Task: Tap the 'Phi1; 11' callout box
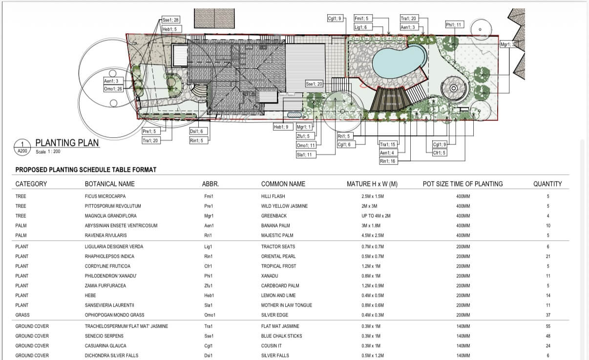[454, 25]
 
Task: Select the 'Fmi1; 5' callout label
[362, 18]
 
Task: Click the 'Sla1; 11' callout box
[306, 155]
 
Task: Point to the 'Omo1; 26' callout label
[113, 88]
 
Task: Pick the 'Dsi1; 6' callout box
[198, 131]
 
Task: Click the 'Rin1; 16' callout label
[388, 161]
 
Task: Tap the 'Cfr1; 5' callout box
[440, 152]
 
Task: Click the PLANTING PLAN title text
[67, 143]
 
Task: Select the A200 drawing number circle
[22, 148]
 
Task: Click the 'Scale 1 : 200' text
[48, 151]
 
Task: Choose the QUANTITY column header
[547, 184]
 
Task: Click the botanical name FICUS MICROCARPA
[105, 196]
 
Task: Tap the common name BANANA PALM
[275, 225]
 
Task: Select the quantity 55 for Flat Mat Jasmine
[548, 326]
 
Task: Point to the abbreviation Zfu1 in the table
[208, 286]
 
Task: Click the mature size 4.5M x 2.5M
[373, 235]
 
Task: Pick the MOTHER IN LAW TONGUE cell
[286, 305]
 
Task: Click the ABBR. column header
[210, 184]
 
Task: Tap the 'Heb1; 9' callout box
[283, 127]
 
